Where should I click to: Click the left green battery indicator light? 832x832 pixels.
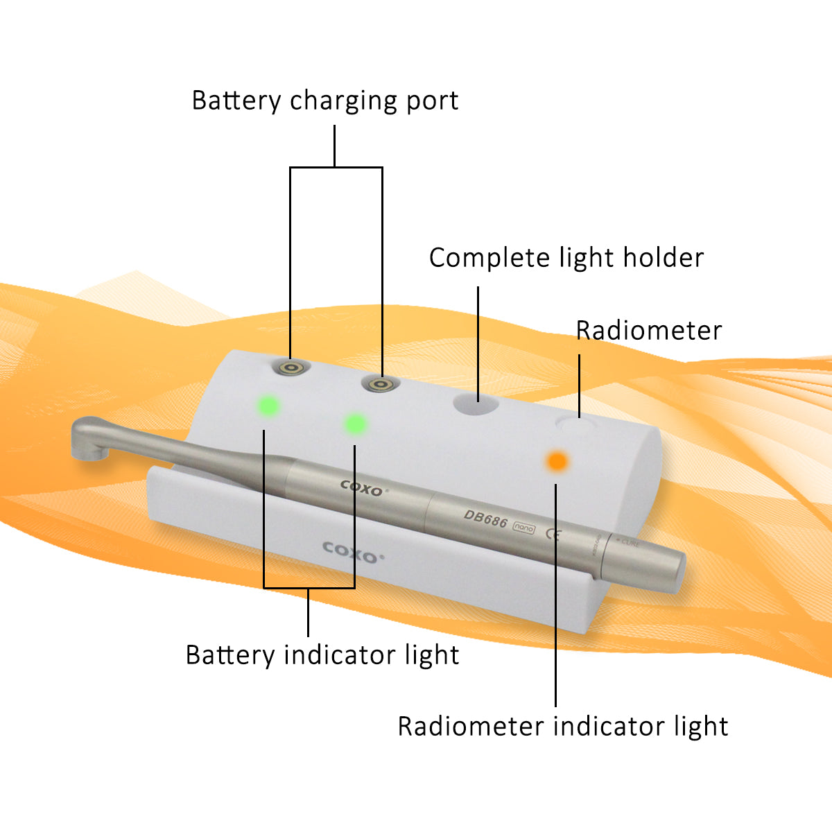pyautogui.click(x=268, y=406)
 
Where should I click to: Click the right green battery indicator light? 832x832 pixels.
pyautogui.click(x=355, y=423)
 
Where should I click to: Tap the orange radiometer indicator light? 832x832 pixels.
pyautogui.click(x=557, y=460)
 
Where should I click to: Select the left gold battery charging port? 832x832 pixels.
pyautogui.click(x=290, y=367)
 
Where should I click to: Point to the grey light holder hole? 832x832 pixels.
pyautogui.click(x=476, y=404)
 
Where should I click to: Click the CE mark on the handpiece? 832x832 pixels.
pyautogui.click(x=553, y=534)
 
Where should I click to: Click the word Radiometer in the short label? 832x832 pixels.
pyautogui.click(x=649, y=331)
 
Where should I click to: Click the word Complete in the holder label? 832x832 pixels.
pyautogui.click(x=489, y=258)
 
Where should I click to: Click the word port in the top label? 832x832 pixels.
pyautogui.click(x=432, y=101)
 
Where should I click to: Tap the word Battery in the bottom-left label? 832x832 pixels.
pyautogui.click(x=230, y=655)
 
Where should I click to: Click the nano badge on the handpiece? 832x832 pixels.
pyautogui.click(x=523, y=528)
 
